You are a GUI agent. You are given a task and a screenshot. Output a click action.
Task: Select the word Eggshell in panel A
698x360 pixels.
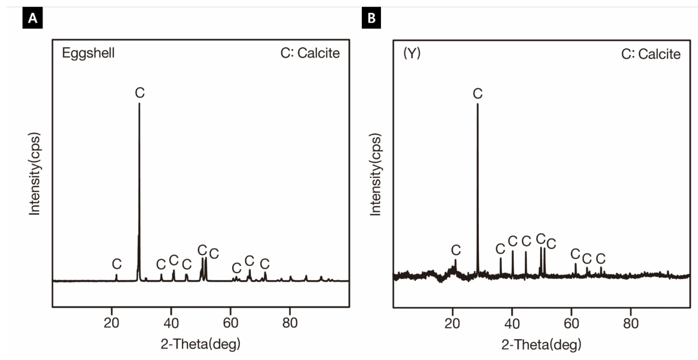pos(88,53)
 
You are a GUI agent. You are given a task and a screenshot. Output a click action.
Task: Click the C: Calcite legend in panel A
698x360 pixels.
pos(310,53)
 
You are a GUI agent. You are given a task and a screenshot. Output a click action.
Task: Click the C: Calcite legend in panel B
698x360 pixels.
pos(651,54)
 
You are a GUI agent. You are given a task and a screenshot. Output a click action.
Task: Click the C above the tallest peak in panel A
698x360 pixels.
pos(140,93)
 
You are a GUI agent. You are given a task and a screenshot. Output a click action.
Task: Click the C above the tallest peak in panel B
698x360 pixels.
pos(478,94)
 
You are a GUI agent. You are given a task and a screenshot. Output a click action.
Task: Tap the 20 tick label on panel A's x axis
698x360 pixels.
pos(111,323)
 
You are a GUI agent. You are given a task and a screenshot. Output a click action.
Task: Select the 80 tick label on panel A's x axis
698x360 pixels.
pos(290,323)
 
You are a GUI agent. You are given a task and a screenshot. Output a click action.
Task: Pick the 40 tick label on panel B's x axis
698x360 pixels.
pos(512,324)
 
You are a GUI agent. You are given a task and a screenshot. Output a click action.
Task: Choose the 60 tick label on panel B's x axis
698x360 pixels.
pos(571,324)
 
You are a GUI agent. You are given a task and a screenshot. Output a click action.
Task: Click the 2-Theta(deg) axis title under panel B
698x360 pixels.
pos(541,345)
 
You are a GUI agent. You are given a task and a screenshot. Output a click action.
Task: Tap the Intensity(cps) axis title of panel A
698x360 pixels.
pos(35,174)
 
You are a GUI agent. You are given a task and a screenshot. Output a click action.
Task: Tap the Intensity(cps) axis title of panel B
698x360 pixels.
pos(376,175)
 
